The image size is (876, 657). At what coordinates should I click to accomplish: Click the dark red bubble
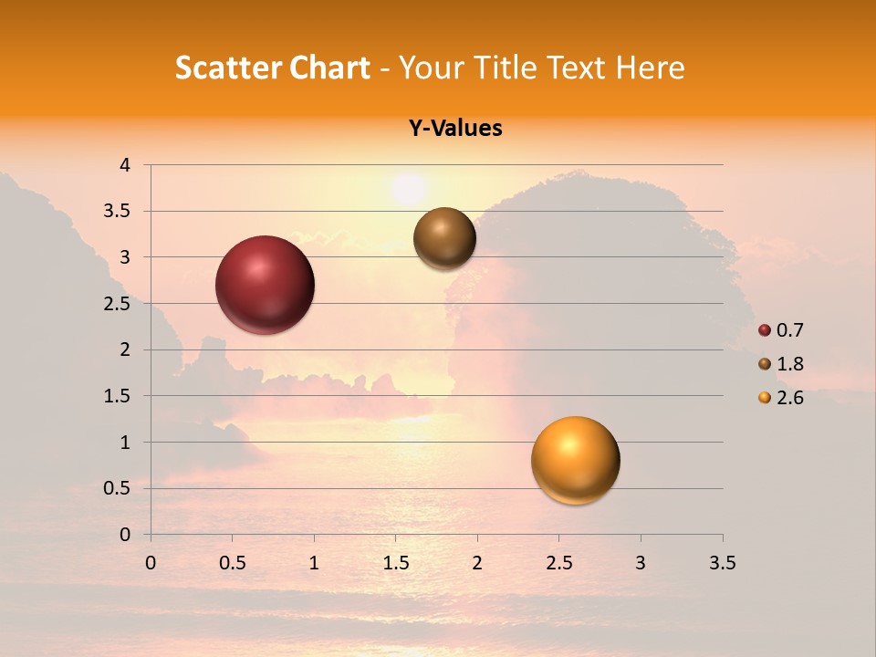point(266,285)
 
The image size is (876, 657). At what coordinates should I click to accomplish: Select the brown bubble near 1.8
point(444,238)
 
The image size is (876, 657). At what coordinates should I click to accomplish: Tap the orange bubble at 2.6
point(575,460)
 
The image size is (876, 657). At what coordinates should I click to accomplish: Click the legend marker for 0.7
point(765,330)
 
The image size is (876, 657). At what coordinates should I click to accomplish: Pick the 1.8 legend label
point(789,364)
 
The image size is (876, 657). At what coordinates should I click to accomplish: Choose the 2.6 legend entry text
point(789,398)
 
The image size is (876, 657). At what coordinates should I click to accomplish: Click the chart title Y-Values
point(455,129)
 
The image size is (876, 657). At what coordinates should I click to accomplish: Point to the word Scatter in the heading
point(226,68)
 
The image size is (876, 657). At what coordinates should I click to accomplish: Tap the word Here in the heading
point(650,68)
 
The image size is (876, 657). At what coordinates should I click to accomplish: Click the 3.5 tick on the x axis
point(722,563)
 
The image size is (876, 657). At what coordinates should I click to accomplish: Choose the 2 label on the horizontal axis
point(477,563)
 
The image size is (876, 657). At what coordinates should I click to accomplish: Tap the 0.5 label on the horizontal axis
point(232,563)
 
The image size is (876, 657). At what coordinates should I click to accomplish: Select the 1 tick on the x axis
point(314,563)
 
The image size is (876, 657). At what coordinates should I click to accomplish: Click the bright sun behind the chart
point(408,188)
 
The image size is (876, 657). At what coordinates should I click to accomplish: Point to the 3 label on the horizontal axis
point(641,563)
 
